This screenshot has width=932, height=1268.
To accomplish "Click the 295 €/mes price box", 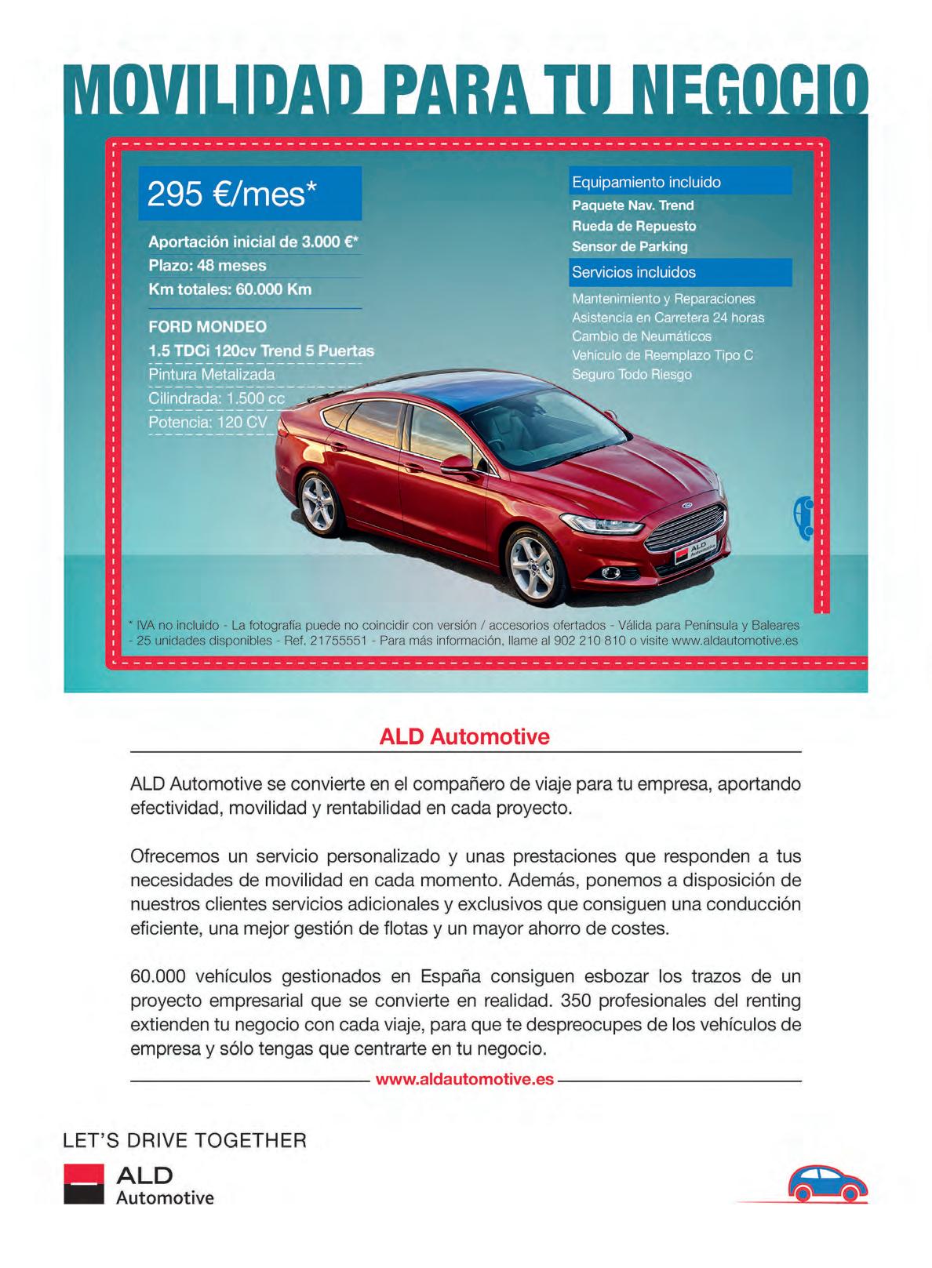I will click(x=249, y=193).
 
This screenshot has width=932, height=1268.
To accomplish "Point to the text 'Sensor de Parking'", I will click(x=629, y=246).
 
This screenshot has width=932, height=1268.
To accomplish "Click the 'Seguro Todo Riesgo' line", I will click(x=632, y=374).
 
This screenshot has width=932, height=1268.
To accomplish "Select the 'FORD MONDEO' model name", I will click(x=207, y=326).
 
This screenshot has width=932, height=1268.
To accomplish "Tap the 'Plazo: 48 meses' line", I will click(x=207, y=265).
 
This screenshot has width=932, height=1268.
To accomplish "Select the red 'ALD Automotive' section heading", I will click(x=464, y=737).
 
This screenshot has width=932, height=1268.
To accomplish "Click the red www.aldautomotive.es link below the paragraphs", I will click(x=464, y=1079).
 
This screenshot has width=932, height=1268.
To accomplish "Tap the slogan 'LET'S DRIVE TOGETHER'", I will click(x=184, y=1140).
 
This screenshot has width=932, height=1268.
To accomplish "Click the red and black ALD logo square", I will click(x=83, y=1184).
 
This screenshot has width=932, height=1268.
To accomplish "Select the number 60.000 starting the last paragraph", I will click(x=158, y=976).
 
